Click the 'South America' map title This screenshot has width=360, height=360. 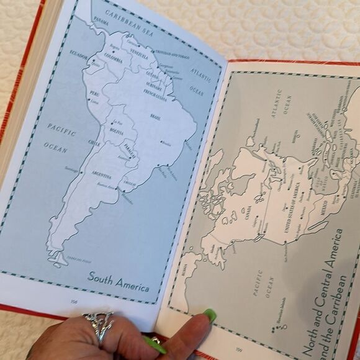pos(118,281)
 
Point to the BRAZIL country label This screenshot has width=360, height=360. pos(155,115)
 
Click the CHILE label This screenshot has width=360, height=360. pos(93,143)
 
